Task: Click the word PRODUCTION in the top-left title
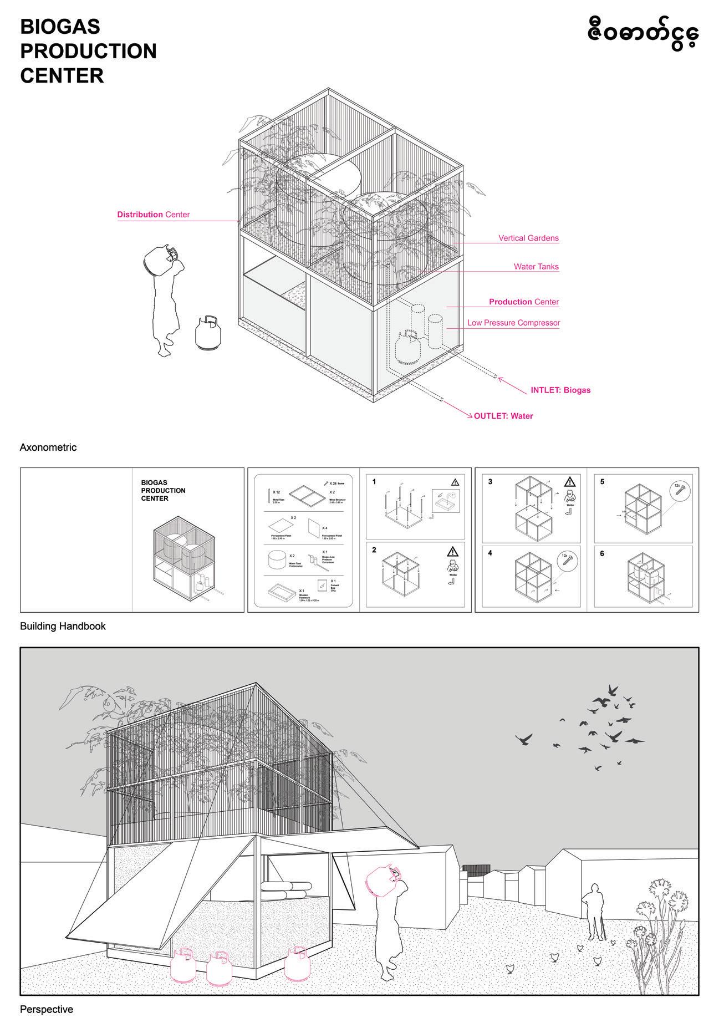coord(88,51)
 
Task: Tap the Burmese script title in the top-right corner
coord(642,34)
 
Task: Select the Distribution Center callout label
coord(153,215)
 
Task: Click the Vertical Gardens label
coord(528,238)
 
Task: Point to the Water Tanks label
coord(536,267)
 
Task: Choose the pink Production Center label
coord(523,302)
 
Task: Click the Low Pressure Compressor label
coord(513,323)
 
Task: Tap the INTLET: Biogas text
coord(560,390)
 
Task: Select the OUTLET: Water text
coord(503,416)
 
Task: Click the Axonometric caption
coord(48,447)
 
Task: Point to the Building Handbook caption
coord(63,626)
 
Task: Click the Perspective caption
coord(47,1009)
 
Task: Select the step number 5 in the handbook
coord(603,482)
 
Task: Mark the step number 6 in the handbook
coord(603,553)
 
